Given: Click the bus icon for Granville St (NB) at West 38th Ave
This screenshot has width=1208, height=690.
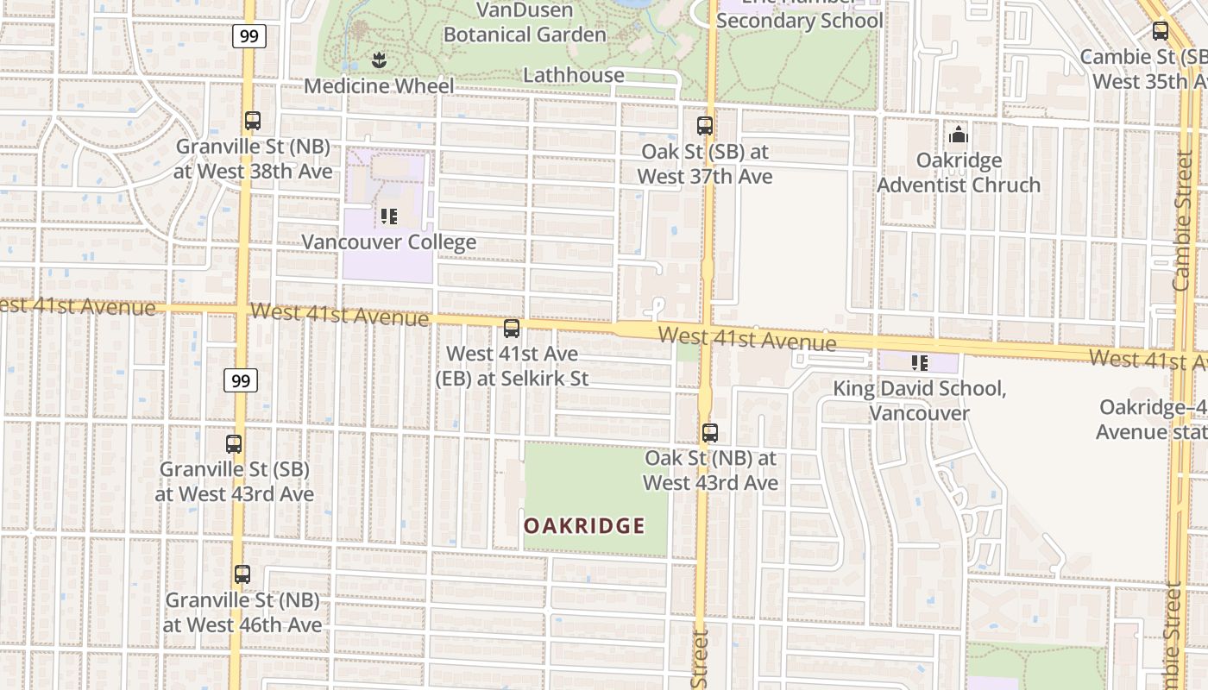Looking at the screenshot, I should (x=252, y=121).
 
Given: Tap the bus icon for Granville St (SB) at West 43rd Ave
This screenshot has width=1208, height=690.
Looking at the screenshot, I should (x=234, y=444).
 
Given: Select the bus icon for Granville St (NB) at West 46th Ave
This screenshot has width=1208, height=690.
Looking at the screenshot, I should (x=242, y=574).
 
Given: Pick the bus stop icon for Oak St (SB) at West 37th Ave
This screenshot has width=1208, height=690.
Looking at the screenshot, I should (x=705, y=126).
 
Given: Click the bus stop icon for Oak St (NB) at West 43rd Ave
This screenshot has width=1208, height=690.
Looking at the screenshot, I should (x=710, y=433).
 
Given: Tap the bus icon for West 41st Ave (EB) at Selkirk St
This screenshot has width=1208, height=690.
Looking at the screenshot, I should (x=512, y=329).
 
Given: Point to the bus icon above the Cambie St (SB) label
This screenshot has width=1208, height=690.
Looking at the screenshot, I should (x=1161, y=31).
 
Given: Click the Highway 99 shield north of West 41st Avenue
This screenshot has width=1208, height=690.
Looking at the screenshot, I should (x=249, y=35).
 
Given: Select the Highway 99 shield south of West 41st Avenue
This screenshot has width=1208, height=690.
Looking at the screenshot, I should (x=241, y=379).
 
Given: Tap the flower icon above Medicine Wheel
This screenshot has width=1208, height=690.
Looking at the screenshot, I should (x=378, y=60).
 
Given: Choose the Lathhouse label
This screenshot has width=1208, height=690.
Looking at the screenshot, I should (x=574, y=75).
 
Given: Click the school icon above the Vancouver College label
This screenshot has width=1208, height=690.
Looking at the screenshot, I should (x=388, y=216).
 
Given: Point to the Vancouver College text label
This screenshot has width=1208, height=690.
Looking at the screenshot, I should (x=388, y=241).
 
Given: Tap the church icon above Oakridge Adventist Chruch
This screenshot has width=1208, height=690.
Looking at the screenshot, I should (x=958, y=135).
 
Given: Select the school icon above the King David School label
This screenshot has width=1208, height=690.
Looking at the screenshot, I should (x=919, y=363).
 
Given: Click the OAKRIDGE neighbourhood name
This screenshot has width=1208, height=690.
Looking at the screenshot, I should (x=584, y=525).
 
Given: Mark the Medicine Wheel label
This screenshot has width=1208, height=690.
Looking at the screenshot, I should (x=379, y=86).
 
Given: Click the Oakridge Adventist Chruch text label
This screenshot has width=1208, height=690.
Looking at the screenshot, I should (x=959, y=172).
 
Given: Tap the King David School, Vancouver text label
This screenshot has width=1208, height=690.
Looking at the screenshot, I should (x=919, y=400).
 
